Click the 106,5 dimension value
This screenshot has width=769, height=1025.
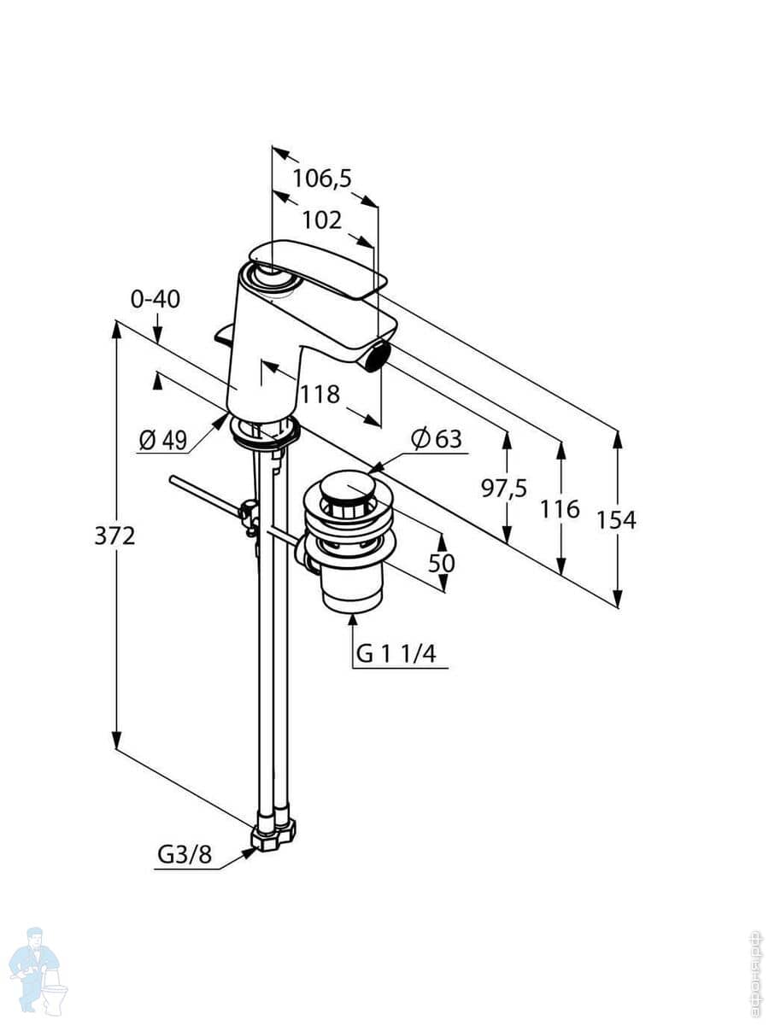pos(322,179)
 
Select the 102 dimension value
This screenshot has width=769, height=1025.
pos(322,220)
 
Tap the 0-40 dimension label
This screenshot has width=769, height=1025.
pos(155,299)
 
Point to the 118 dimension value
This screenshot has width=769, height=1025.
pos(320,394)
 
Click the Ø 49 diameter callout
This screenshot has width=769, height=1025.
pos(162,440)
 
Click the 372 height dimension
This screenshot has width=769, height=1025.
pos(114,536)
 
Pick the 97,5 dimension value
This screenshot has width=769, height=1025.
pos(503,489)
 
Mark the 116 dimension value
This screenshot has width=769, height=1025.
pos(560,510)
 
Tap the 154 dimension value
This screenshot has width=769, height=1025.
pos(616,519)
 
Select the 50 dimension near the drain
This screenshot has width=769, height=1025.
pos(442,563)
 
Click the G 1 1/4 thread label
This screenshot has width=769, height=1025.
pos(396,654)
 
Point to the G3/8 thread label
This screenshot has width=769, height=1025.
pos(184,855)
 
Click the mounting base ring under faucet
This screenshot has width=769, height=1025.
pos(264,431)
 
